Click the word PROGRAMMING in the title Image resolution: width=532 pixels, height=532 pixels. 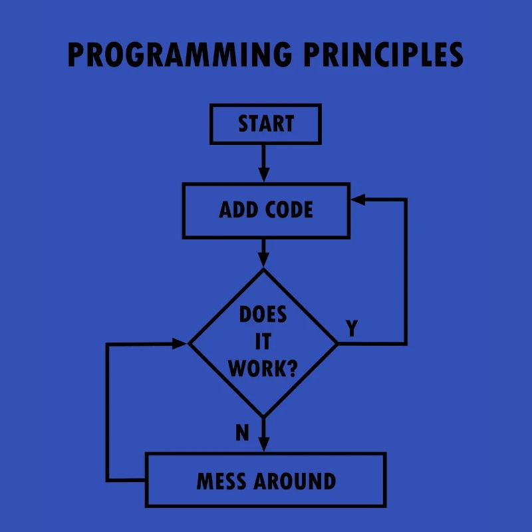pyautogui.click(x=179, y=55)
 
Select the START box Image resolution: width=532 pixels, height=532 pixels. pyautogui.click(x=265, y=124)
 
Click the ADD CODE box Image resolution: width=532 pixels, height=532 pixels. pyautogui.click(x=265, y=210)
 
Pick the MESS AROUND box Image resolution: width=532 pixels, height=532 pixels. pyautogui.click(x=265, y=480)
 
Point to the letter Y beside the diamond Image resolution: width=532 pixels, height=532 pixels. pyautogui.click(x=352, y=328)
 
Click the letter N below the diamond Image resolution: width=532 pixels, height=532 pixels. pyautogui.click(x=242, y=433)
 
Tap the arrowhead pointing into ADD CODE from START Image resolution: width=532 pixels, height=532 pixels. pyautogui.click(x=264, y=175)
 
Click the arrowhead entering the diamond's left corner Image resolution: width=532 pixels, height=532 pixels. pyautogui.click(x=180, y=343)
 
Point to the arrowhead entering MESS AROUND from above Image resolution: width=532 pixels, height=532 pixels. pyautogui.click(x=264, y=444)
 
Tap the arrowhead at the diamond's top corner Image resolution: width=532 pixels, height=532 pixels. pyautogui.click(x=264, y=261)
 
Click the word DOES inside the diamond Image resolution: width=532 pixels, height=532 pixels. pyautogui.click(x=263, y=315)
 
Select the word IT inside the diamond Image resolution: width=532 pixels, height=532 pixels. pyautogui.click(x=263, y=342)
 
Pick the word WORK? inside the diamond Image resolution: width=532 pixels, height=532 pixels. pyautogui.click(x=263, y=368)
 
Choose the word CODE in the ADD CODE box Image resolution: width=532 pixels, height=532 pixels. pyautogui.click(x=289, y=210)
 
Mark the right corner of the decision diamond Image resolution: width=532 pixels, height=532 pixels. pyautogui.click(x=337, y=343)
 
